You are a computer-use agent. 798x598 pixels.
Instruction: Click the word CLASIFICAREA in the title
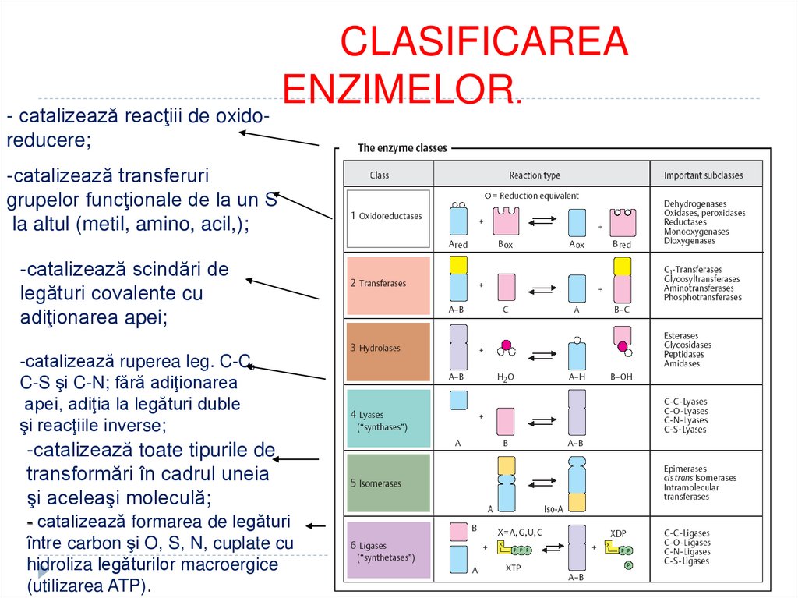pyautogui.click(x=484, y=41)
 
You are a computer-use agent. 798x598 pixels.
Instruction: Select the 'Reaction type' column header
pyautogui.click(x=535, y=175)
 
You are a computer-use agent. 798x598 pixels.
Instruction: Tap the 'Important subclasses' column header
pyautogui.click(x=703, y=175)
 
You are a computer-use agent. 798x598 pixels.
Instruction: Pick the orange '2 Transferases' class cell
pyautogui.click(x=388, y=284)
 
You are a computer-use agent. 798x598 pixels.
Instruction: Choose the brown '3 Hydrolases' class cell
pyautogui.click(x=388, y=349)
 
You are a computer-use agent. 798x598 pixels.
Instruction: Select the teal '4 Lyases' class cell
pyautogui.click(x=388, y=419)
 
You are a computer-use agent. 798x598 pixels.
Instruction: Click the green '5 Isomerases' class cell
pyautogui.click(x=388, y=483)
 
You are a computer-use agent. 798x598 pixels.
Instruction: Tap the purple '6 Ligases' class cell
pyautogui.click(x=388, y=550)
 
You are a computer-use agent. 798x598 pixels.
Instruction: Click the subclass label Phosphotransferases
pyautogui.click(x=703, y=297)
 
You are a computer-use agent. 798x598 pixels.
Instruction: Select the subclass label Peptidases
pyautogui.click(x=683, y=354)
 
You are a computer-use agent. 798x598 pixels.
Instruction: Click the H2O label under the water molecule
pyautogui.click(x=506, y=377)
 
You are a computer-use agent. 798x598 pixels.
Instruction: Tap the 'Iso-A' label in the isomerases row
pyautogui.click(x=577, y=509)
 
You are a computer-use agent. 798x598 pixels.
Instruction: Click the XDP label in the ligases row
pyautogui.click(x=618, y=534)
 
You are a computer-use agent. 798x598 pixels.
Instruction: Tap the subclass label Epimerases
pyautogui.click(x=685, y=469)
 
